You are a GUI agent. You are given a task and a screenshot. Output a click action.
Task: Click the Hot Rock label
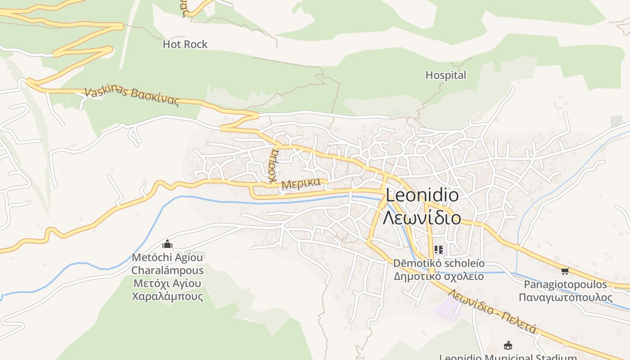pos(185,44)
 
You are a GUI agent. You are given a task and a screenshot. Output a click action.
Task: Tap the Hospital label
pos(445,75)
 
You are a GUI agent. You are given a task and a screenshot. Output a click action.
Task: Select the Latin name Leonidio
pos(422,195)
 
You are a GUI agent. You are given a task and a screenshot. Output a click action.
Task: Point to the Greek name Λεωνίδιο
pos(422,218)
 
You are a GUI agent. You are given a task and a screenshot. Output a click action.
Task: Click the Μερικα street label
pos(301,184)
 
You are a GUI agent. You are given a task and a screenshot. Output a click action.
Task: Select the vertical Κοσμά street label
pos(273,166)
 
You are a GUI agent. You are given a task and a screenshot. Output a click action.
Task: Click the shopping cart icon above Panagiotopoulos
pos(565,271)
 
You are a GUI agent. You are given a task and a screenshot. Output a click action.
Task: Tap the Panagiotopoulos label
pos(565,284)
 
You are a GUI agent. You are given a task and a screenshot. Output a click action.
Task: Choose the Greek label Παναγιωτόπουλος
pos(565,297)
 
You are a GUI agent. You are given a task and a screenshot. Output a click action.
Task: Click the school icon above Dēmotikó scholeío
pos(439,250)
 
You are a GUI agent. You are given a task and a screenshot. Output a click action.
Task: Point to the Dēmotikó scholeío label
pos(439,263)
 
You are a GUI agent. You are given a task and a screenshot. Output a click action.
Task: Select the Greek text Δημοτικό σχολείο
pos(439,276)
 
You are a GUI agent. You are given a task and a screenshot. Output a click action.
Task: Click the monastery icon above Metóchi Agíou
pos(167,244)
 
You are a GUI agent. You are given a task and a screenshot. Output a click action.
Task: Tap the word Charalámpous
pos(167,270)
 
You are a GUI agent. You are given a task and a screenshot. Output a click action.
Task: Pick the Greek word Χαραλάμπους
pos(167,297)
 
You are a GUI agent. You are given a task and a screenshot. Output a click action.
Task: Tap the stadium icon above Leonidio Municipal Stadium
pos(508,346)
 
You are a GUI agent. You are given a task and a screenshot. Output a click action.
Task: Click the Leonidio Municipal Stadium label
pos(508,357)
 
